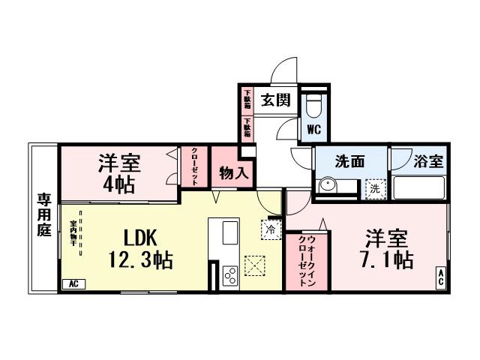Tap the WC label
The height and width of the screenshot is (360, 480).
pos(313,129)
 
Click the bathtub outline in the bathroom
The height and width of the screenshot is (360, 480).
pos(418,187)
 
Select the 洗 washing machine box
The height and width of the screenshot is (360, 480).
pos(373,189)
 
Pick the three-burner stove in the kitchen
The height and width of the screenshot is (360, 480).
pos(230,275)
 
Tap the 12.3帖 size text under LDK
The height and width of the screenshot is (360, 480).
pos(139,260)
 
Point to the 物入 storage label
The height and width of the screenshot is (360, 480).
pos(232,173)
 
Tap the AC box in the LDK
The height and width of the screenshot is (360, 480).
pos(73,283)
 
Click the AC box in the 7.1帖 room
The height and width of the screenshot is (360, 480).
pos(440,276)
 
